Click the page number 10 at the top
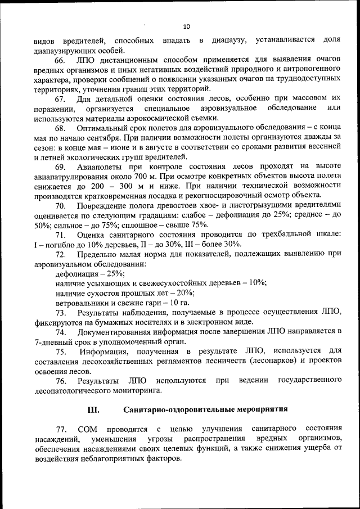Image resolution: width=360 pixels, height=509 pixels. tap(187, 26)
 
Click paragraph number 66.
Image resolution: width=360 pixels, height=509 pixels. tap(61, 60)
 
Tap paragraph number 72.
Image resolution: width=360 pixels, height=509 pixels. tap(61, 254)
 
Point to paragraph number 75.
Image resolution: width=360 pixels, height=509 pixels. tap(61, 352)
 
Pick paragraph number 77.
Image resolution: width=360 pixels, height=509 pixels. tap(61, 429)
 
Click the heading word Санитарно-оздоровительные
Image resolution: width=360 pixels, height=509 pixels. tap(179, 408)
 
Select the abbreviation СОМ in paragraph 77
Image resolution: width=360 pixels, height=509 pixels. tap(89, 429)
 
